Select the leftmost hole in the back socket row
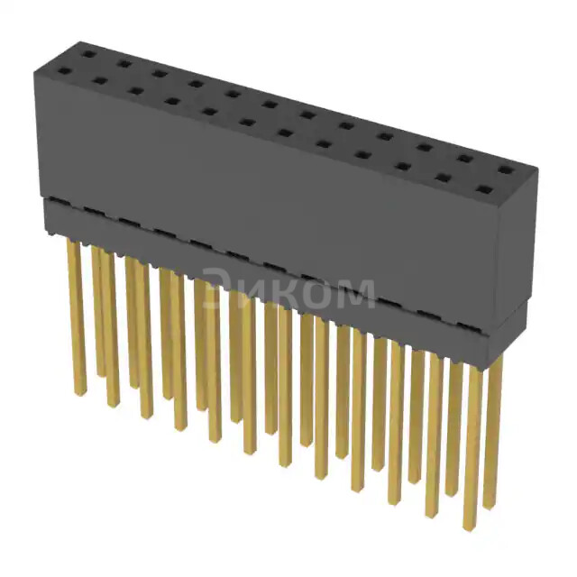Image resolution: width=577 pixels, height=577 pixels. [x=88, y=54]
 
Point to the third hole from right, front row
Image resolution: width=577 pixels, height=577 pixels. [x=403, y=167]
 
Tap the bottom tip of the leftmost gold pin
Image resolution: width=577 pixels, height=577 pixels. [x=78, y=392]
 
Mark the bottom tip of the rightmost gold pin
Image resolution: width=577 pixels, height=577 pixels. [x=490, y=505]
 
